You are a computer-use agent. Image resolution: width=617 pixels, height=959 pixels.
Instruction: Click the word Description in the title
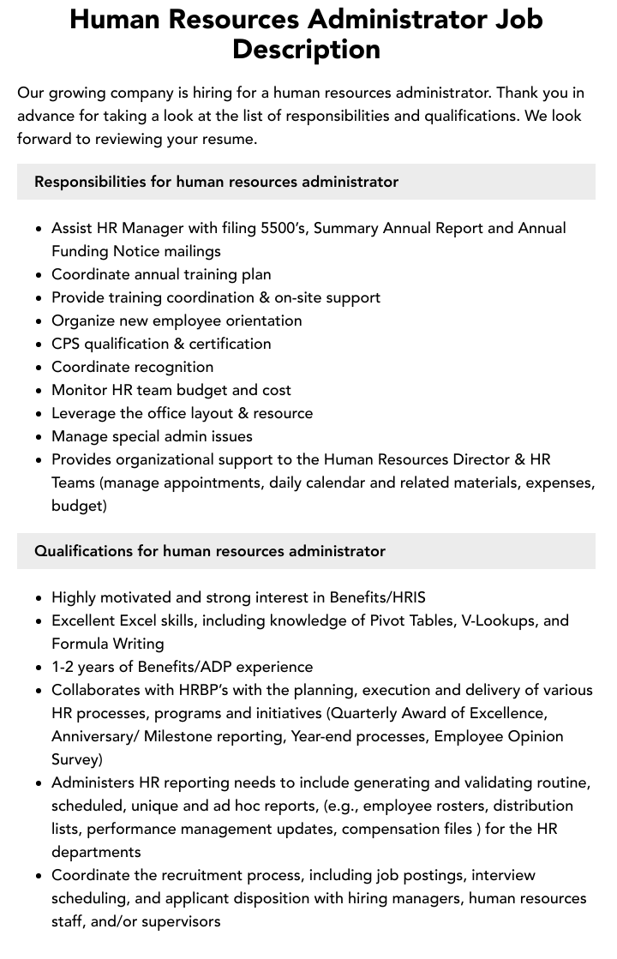click(306, 49)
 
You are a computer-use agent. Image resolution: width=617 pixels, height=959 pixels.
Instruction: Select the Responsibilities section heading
click(216, 182)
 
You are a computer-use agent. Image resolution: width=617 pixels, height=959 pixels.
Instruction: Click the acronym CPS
click(68, 344)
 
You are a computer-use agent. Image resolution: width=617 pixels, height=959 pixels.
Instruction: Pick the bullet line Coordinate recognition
click(132, 367)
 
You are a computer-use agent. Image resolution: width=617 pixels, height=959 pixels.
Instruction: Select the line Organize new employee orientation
click(177, 321)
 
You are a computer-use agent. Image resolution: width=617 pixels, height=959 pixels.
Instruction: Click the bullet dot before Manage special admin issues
click(39, 437)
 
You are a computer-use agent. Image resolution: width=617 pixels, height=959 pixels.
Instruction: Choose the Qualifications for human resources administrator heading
click(210, 551)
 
